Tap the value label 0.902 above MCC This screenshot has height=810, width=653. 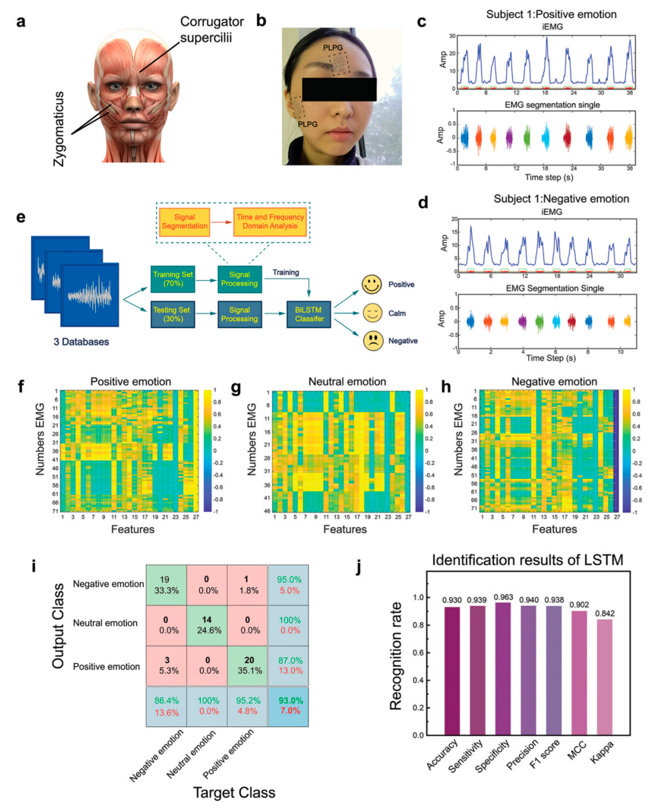pos(579,604)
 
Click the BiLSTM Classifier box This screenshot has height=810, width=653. pos(309,314)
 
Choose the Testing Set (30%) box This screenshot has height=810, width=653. pos(173,314)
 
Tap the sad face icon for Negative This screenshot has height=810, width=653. pos(373,341)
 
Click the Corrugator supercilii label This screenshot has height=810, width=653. pos(212,29)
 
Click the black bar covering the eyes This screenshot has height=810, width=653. pos(339,89)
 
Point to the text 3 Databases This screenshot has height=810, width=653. pos(81,342)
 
